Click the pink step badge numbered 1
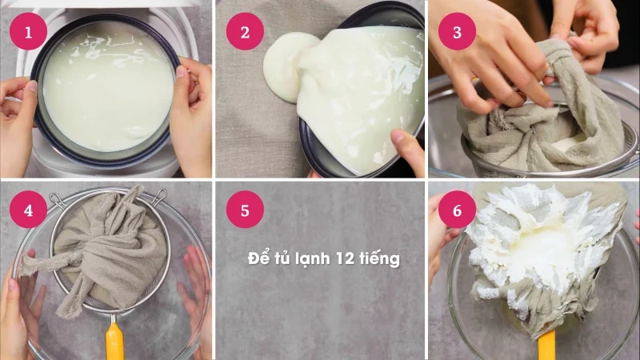click(x=28, y=31)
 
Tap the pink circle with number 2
click(x=245, y=31)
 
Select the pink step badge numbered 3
click(x=457, y=31)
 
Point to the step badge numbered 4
click(x=28, y=210)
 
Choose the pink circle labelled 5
click(x=245, y=210)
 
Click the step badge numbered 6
click(x=457, y=210)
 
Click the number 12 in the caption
click(x=346, y=258)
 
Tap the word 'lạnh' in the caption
click(x=314, y=259)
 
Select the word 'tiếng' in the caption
click(x=379, y=259)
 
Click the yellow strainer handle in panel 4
click(x=114, y=342)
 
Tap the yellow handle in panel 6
click(x=546, y=346)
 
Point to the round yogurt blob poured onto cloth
click(x=287, y=67)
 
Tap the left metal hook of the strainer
click(x=57, y=201)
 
